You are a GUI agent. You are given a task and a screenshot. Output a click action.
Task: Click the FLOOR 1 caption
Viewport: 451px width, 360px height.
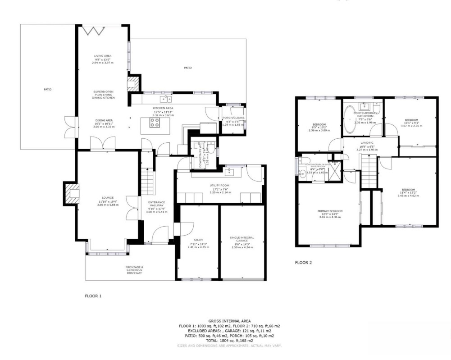pos(93,296)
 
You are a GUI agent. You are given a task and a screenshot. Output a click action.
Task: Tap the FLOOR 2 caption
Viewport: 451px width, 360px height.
pos(303,262)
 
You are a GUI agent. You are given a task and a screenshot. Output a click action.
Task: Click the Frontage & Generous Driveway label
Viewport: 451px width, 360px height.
pos(134,269)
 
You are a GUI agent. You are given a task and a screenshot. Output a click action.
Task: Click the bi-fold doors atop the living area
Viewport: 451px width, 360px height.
pos(94,30)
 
